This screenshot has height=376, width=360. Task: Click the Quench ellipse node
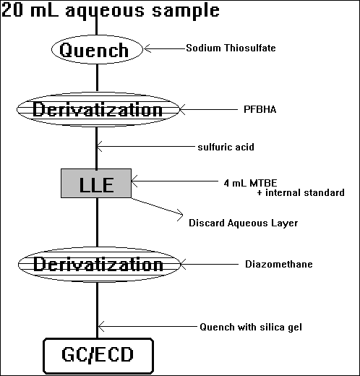click(97, 49)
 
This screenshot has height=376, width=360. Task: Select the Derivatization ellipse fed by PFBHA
click(98, 109)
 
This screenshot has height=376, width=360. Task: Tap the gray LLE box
click(96, 183)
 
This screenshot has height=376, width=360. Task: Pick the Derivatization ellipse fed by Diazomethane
click(99, 265)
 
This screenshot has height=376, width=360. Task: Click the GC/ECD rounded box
click(98, 356)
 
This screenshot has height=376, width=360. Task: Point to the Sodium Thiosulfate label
click(231, 48)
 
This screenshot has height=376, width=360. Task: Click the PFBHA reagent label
click(260, 109)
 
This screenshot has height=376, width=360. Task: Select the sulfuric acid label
click(226, 147)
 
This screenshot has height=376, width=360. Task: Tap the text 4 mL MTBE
click(250, 183)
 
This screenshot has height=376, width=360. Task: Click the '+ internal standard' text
click(301, 192)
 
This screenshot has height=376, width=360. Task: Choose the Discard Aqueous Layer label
click(243, 223)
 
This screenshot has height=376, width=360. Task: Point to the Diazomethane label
click(279, 264)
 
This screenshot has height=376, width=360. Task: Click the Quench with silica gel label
click(251, 327)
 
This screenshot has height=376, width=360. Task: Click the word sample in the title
click(186, 11)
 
